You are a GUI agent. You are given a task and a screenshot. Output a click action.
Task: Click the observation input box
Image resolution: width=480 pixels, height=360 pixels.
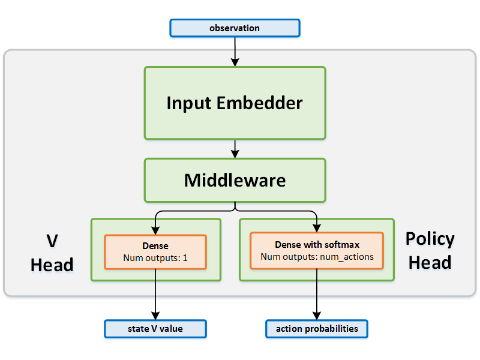point(235,28)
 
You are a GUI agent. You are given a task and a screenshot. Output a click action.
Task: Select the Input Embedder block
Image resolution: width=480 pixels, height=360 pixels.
point(235,103)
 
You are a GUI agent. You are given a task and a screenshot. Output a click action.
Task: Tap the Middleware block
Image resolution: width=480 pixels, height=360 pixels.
point(235,180)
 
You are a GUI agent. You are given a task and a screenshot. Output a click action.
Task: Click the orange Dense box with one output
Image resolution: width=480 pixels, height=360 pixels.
point(155,252)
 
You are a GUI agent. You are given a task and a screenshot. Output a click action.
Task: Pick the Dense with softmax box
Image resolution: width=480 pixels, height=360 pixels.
point(316,251)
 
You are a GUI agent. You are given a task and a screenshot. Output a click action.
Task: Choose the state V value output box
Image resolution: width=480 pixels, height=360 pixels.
point(155,329)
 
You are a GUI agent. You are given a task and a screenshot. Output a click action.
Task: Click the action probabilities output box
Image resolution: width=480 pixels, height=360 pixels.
point(316,329)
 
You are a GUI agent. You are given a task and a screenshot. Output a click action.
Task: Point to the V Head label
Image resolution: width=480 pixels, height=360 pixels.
point(52,253)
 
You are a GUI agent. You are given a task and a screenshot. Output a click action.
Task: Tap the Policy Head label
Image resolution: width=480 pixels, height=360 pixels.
point(430,250)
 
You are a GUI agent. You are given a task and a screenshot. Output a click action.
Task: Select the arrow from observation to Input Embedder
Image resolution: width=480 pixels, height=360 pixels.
point(235,51)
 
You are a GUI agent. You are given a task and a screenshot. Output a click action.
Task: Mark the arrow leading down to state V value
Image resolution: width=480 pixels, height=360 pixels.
point(155,294)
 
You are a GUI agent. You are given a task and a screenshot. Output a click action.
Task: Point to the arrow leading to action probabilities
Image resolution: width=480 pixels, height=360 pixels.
point(316,294)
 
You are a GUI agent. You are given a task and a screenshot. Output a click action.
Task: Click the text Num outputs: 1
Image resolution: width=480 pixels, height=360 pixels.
point(155,258)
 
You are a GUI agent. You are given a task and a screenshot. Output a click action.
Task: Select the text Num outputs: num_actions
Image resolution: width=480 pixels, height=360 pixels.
point(317,257)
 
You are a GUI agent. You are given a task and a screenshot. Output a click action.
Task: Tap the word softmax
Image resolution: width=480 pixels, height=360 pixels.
point(344,245)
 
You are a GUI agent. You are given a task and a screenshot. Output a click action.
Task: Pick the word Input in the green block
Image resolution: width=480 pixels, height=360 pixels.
point(189,103)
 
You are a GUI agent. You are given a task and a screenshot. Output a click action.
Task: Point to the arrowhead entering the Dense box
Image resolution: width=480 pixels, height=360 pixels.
point(155,230)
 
